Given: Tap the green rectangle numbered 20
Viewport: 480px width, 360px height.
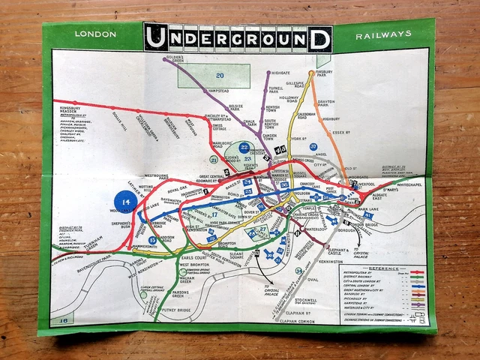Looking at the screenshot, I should click(220, 75).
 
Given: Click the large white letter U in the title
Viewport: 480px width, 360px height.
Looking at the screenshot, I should click(158, 38).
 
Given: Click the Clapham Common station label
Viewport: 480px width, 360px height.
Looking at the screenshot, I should click(289, 322).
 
